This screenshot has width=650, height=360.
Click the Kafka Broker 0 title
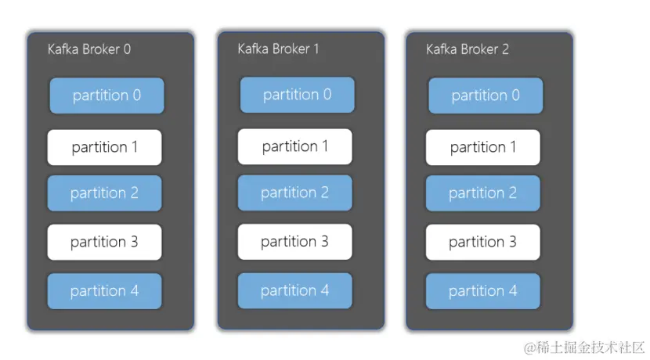click(x=89, y=49)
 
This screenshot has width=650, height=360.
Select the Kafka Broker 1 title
click(x=278, y=49)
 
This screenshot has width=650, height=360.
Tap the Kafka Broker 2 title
click(x=467, y=49)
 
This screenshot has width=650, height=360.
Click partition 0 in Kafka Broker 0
click(x=107, y=95)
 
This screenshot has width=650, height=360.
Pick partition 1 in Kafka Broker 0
click(x=104, y=147)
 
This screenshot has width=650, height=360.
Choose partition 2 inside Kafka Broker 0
click(x=104, y=193)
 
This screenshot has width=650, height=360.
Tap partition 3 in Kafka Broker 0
click(x=104, y=242)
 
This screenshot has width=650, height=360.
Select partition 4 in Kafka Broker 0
click(x=104, y=291)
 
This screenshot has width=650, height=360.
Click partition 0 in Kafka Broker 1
click(x=297, y=95)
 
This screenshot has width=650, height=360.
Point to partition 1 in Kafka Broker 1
click(x=294, y=146)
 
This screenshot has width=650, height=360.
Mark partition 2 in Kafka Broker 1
click(x=294, y=193)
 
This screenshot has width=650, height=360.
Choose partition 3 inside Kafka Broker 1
click(x=294, y=242)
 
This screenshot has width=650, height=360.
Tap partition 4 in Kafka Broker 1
click(x=294, y=290)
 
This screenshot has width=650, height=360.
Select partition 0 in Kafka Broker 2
click(x=486, y=95)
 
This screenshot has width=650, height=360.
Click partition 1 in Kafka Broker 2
click(x=482, y=147)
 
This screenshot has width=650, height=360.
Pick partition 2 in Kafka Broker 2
click(x=482, y=193)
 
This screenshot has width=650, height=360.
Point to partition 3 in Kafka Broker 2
click(x=482, y=242)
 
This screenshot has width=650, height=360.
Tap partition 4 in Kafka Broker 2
click(x=482, y=291)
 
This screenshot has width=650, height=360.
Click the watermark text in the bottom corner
click(x=584, y=347)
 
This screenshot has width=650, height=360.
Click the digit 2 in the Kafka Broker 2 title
click(x=505, y=49)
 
